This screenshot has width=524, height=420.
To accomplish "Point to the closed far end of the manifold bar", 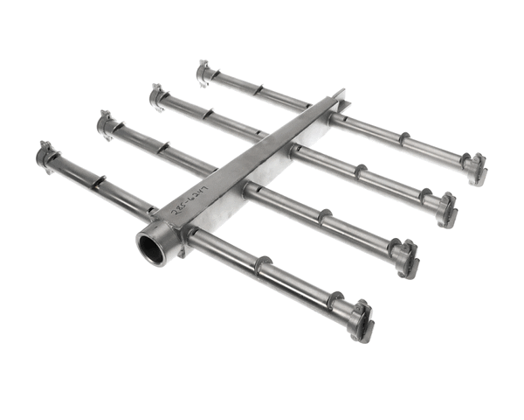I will (x=339, y=97).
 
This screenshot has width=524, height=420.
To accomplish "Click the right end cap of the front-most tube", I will (x=361, y=318).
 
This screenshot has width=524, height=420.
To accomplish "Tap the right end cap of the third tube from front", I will (x=445, y=209).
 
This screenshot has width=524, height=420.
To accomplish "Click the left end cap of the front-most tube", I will (x=45, y=155).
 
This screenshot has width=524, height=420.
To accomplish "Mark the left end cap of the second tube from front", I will (x=107, y=125).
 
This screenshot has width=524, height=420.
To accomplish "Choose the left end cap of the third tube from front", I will (x=158, y=96).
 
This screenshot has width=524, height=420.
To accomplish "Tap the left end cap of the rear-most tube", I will (x=204, y=73).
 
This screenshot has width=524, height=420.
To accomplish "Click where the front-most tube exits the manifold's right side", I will (x=194, y=234).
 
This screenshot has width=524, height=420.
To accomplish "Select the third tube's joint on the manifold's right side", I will (x=295, y=150).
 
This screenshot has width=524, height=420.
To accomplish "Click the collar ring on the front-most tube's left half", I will (x=99, y=182).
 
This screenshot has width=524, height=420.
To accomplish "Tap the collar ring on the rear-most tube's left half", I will (x=259, y=90).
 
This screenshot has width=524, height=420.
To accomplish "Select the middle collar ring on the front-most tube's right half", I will (x=263, y=264).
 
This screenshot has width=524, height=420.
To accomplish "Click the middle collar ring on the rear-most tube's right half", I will (x=403, y=139).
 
